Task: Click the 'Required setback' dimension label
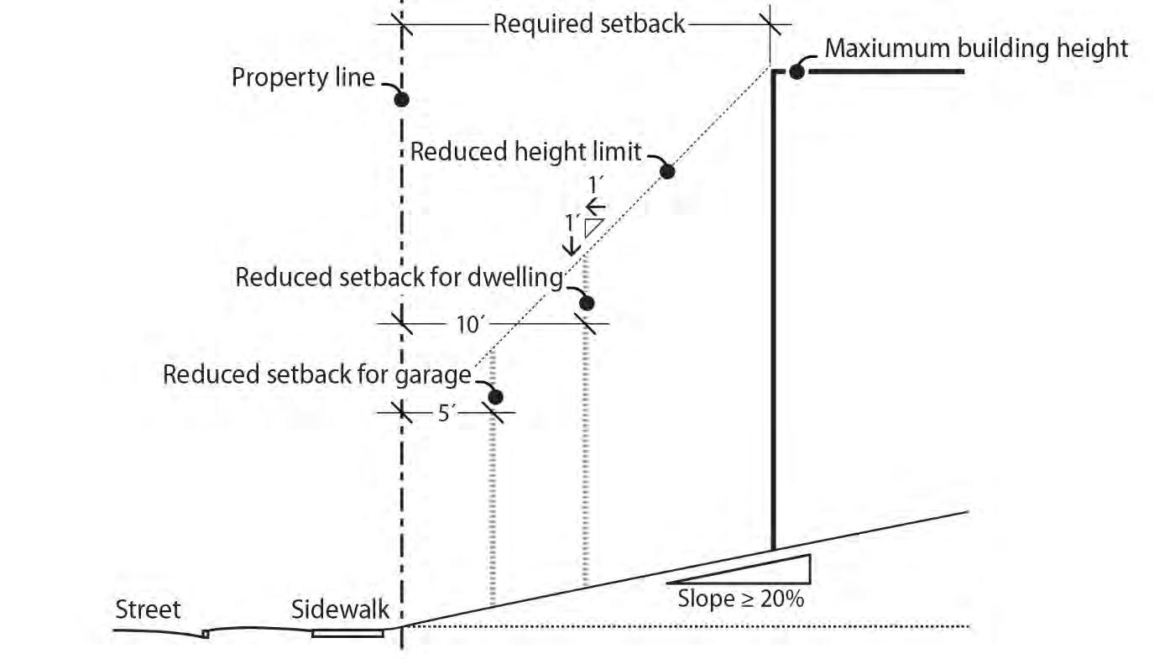point(588,24)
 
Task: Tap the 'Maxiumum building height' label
point(976,48)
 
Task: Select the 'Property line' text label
point(303,78)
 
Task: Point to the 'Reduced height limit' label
point(525,152)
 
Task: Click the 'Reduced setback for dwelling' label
point(399,278)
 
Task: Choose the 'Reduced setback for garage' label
point(317,374)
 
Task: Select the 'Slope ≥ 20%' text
point(740,599)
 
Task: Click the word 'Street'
point(148,609)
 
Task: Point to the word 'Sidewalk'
point(340,609)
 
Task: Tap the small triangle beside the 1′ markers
point(594,228)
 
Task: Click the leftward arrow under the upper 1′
point(596,206)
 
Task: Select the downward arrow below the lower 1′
point(571,245)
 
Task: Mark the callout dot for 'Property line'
point(402,99)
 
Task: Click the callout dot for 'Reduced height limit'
point(667,172)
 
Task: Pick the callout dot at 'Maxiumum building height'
point(796,71)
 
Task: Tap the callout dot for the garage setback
point(496,396)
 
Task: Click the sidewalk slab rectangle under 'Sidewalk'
point(347,633)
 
